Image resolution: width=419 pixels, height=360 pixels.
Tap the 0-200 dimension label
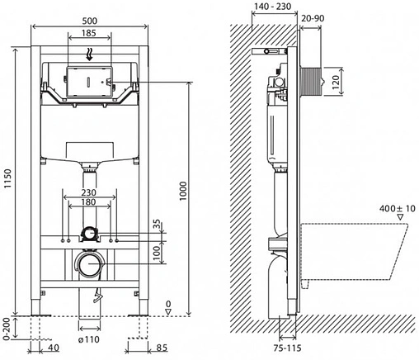point(8,326)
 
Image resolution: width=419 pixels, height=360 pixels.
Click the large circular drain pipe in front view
point(89,266)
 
